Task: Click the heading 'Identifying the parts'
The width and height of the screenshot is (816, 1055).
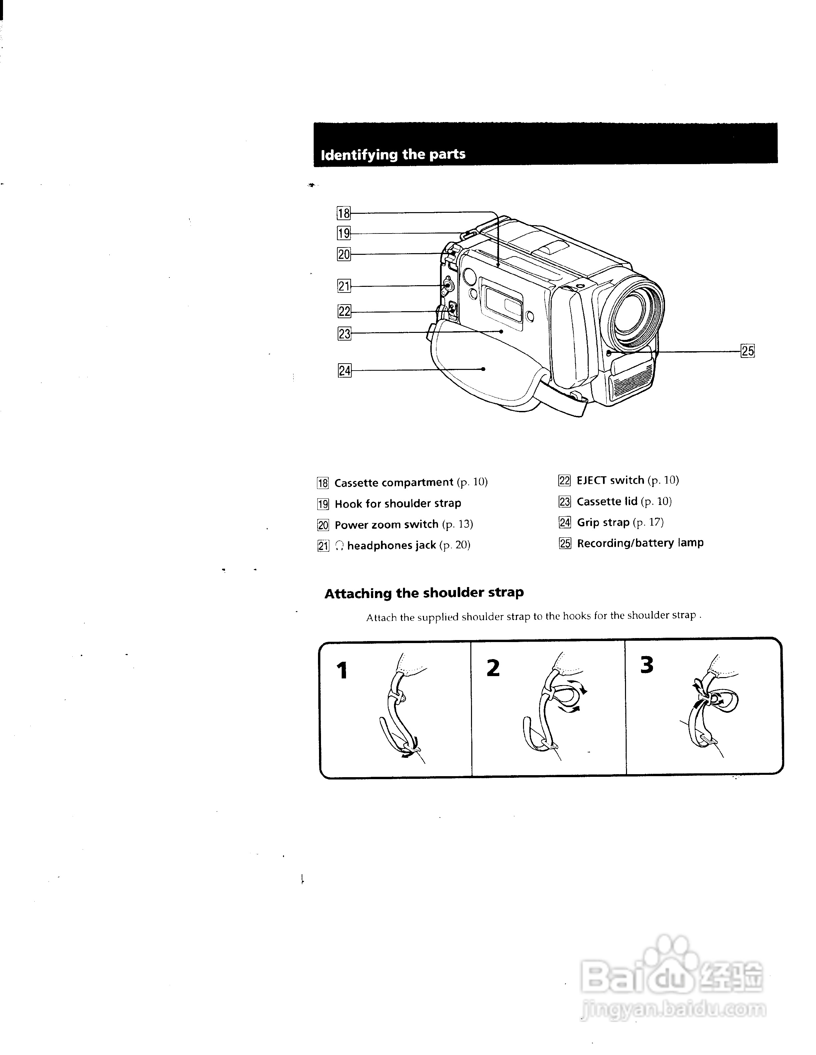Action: click(x=393, y=154)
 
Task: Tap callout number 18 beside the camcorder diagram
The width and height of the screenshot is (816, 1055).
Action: click(x=343, y=213)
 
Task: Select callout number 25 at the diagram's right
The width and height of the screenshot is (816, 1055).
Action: click(x=747, y=351)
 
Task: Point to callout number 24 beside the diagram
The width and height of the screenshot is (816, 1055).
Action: click(x=344, y=371)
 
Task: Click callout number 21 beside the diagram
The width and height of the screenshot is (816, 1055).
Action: click(x=344, y=286)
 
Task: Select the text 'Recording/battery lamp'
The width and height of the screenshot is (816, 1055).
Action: click(x=640, y=543)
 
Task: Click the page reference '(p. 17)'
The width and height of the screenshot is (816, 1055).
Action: click(x=648, y=522)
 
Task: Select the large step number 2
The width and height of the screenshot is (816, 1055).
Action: click(x=493, y=668)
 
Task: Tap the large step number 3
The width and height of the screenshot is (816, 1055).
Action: click(x=647, y=665)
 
